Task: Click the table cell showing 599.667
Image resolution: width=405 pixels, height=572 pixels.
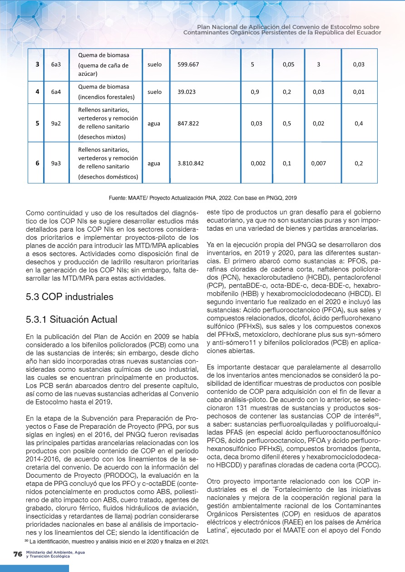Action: point(188,65)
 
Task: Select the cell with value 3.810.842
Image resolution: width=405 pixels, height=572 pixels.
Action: point(191,163)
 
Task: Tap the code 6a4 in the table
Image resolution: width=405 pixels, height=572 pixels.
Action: point(56,92)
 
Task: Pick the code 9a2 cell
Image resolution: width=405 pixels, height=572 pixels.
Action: point(56,123)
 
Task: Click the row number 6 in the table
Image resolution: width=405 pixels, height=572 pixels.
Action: point(37,163)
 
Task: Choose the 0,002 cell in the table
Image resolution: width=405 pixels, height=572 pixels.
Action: point(258,163)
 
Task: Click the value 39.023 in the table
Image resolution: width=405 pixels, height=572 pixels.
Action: point(187,92)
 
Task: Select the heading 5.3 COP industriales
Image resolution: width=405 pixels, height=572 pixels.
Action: point(69,297)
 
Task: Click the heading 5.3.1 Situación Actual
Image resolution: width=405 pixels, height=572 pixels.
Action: point(72,320)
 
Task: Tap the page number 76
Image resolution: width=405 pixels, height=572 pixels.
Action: point(18,554)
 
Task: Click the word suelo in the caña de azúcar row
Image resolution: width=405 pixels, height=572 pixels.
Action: point(154,65)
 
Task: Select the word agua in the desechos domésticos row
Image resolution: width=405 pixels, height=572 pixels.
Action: point(154,163)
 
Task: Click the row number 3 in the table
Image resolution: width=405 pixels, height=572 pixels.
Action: point(37,65)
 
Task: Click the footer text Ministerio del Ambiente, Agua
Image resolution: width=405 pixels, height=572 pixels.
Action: point(55,553)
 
